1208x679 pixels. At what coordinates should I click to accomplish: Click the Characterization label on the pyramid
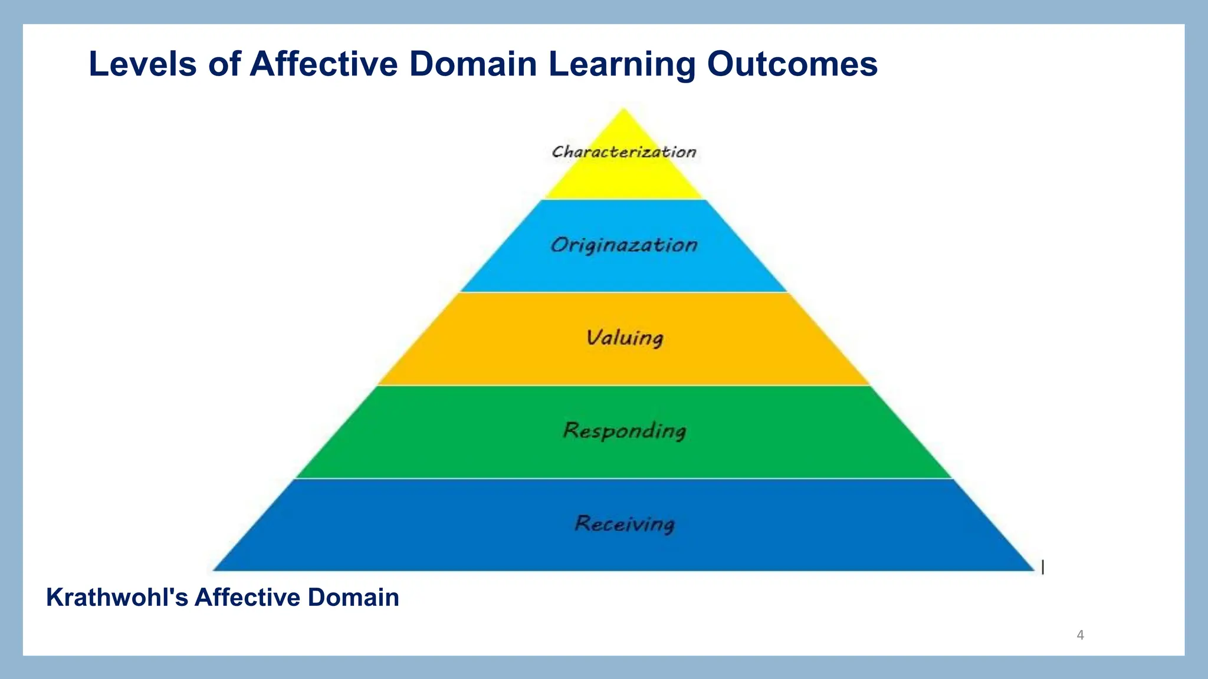click(x=624, y=152)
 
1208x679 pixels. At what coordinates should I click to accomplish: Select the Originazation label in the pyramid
click(x=624, y=245)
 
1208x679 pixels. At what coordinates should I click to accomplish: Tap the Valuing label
click(x=625, y=338)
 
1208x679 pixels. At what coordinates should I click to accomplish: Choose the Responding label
click(x=625, y=431)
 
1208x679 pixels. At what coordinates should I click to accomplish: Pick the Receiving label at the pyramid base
click(x=625, y=523)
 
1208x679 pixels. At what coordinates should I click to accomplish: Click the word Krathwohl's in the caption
click(x=117, y=598)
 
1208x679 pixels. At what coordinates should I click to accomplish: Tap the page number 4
click(x=1080, y=635)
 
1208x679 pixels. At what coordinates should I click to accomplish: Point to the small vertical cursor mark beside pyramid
click(x=1043, y=567)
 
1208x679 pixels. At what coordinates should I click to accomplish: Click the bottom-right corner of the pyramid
click(x=1033, y=569)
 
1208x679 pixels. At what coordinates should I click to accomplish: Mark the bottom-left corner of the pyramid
click(x=214, y=569)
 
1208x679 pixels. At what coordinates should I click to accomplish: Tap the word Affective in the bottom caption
click(x=248, y=598)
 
